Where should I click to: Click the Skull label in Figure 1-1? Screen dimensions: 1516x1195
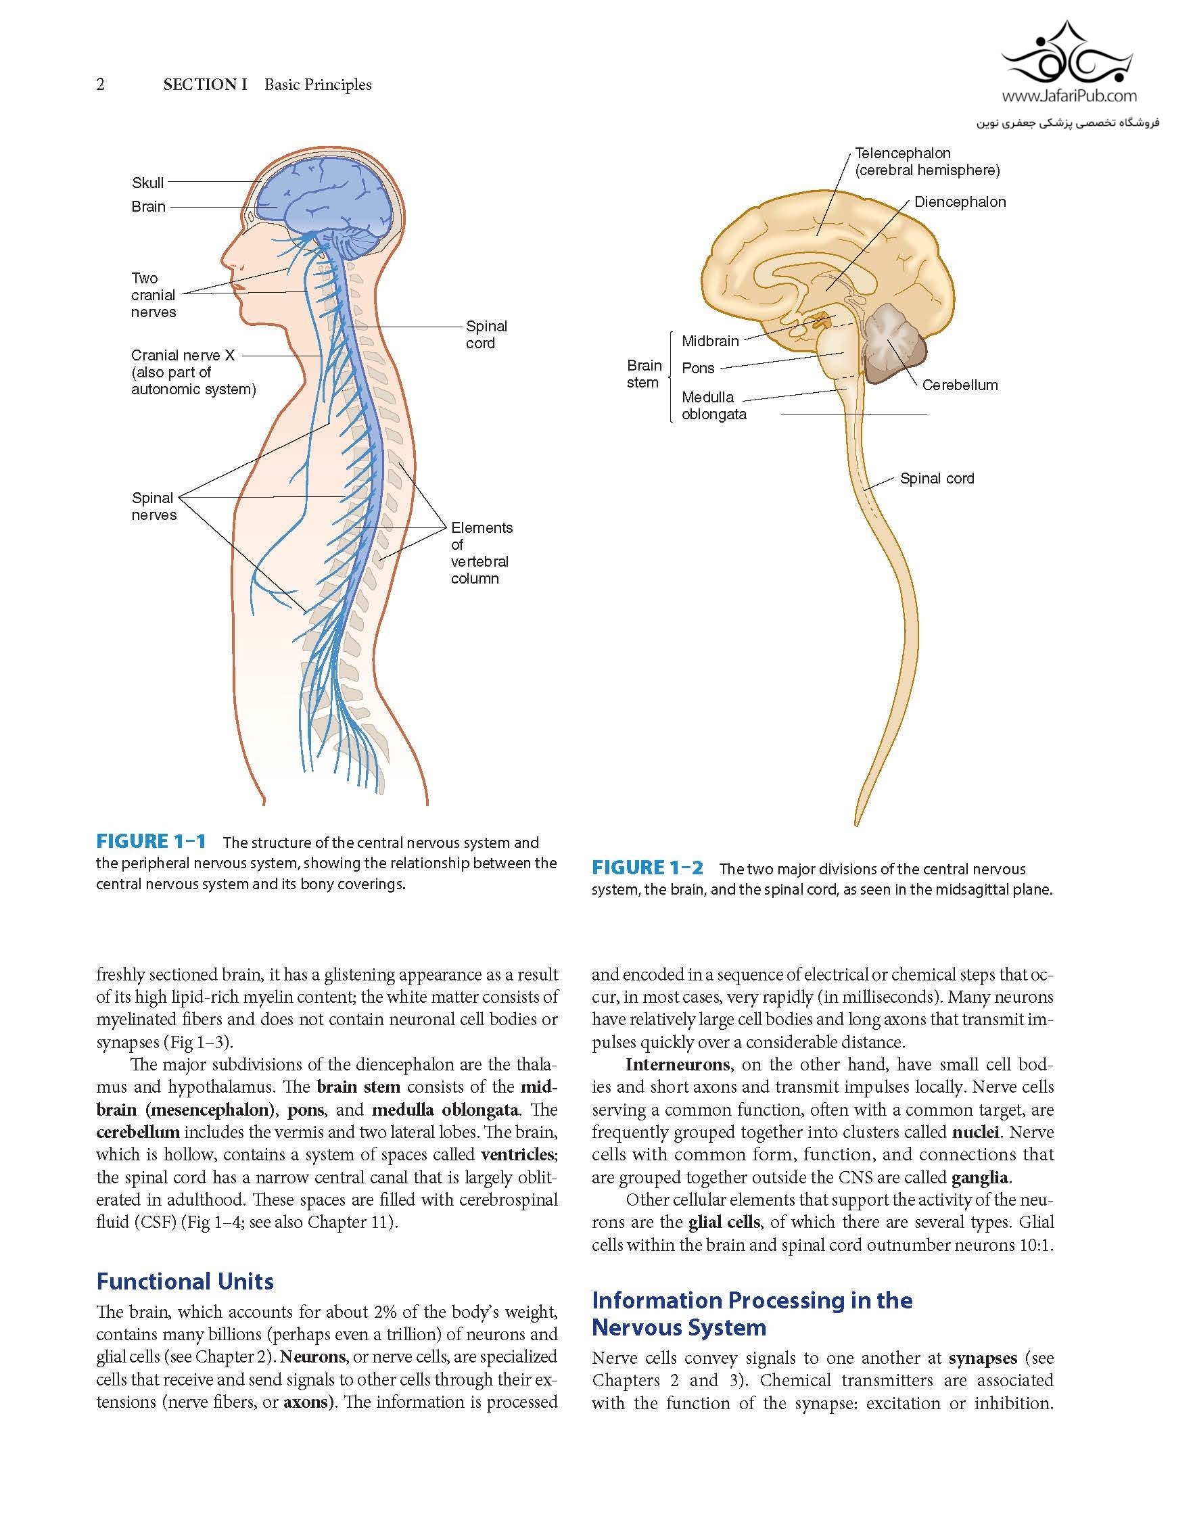[147, 183]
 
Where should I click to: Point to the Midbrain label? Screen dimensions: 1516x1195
[710, 341]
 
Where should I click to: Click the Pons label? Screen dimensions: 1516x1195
[697, 369]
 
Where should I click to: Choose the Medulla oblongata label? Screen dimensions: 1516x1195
[713, 406]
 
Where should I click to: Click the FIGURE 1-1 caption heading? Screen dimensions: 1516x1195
[151, 842]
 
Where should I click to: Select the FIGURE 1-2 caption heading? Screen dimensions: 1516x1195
[647, 868]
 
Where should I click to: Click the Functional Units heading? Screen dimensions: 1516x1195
[185, 1281]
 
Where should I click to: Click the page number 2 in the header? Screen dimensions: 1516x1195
[101, 85]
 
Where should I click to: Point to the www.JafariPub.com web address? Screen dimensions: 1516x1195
[1069, 97]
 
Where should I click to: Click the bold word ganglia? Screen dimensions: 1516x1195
[980, 1177]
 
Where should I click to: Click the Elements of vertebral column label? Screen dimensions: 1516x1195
[481, 552]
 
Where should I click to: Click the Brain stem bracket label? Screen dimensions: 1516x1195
[644, 375]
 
